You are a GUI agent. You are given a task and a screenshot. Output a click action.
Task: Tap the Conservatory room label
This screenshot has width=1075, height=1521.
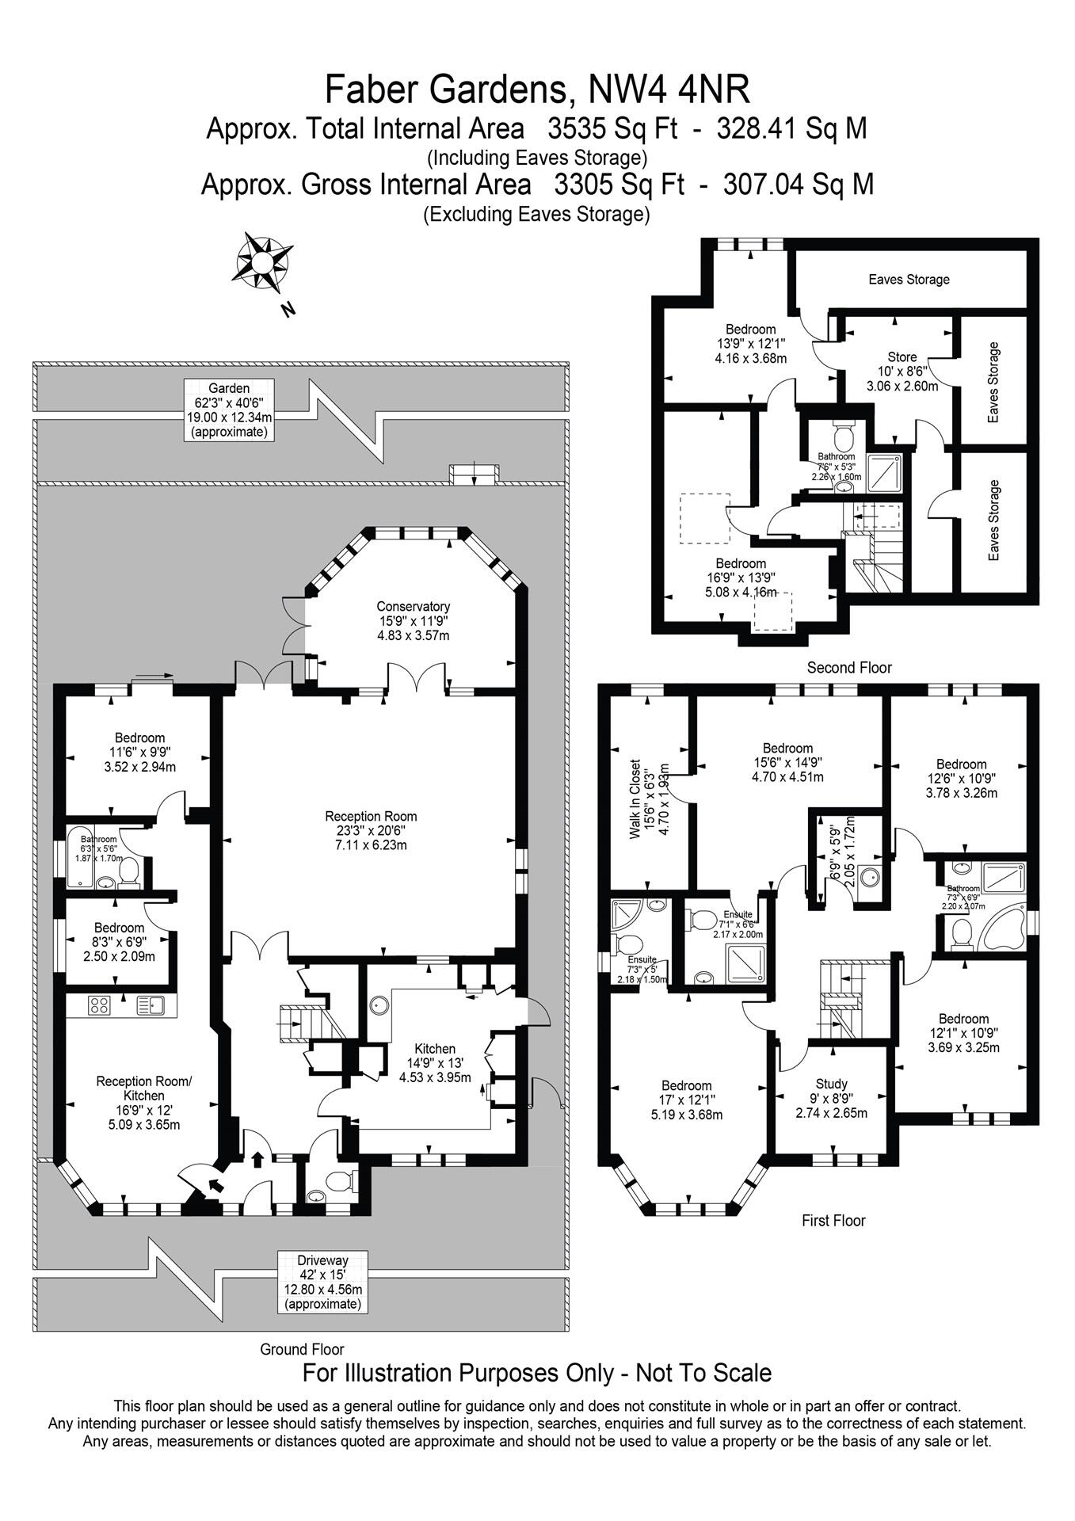click(413, 621)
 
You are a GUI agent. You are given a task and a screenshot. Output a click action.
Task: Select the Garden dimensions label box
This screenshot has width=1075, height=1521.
click(229, 410)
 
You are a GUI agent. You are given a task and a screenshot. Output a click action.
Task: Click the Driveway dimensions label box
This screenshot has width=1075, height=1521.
click(322, 1282)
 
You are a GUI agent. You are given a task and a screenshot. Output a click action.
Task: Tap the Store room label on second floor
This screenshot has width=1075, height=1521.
click(902, 372)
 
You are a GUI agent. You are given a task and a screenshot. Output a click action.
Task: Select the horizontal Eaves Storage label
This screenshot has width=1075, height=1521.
click(908, 279)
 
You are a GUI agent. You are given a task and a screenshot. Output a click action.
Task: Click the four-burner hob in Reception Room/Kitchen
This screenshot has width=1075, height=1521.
click(99, 1005)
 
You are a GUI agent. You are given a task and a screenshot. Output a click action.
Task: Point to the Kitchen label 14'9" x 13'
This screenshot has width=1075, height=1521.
click(434, 1062)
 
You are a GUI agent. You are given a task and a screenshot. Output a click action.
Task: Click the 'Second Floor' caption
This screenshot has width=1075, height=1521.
click(848, 667)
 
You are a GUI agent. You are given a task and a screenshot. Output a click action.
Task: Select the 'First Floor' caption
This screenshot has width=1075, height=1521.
click(833, 1220)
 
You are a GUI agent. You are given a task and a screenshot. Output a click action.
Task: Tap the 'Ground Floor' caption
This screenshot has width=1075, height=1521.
click(302, 1349)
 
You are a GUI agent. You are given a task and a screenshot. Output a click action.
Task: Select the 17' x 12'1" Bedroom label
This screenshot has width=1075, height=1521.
click(686, 1100)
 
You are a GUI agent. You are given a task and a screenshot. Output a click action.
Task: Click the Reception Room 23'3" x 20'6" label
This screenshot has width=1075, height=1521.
click(370, 830)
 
